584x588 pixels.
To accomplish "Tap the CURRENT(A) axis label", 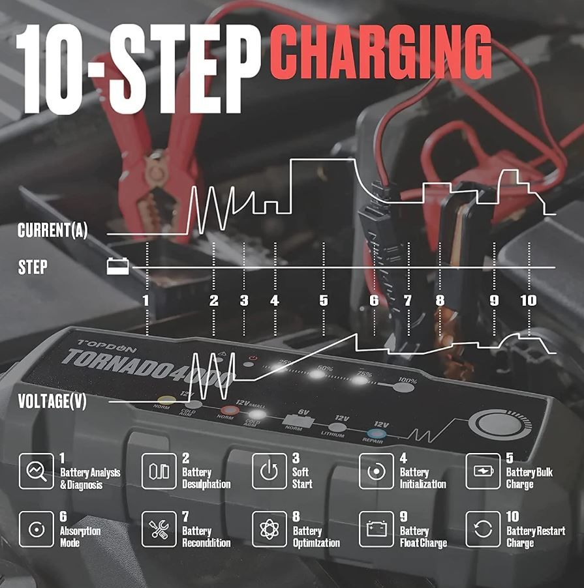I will (52, 231).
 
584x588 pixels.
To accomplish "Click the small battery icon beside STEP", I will (118, 266).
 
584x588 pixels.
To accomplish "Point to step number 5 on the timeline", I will (324, 301).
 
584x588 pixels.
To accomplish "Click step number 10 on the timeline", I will (529, 301).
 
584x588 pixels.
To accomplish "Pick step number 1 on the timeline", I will (146, 301).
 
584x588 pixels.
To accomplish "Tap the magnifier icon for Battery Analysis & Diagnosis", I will (36, 471).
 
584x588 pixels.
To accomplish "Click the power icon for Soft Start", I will (269, 471).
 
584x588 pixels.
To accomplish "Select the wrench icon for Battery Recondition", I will (159, 529).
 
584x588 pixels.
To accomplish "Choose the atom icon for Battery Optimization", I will (269, 529).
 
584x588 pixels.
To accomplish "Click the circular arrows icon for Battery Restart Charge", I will (483, 529).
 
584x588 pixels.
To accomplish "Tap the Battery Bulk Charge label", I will (529, 478).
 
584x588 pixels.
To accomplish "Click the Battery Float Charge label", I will (423, 537).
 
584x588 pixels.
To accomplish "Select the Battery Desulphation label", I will (206, 478).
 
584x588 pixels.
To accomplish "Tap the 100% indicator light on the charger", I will (405, 388).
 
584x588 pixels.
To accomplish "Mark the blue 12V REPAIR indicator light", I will (375, 432).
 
